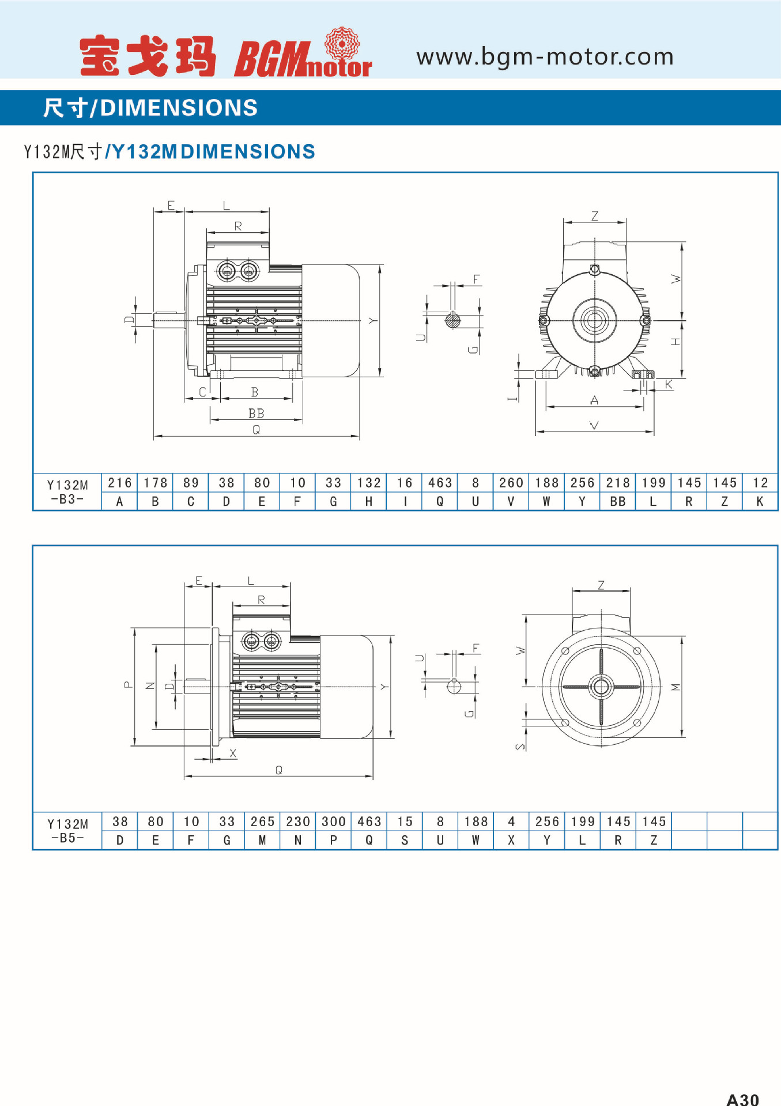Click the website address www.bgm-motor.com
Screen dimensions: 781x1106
tap(545, 57)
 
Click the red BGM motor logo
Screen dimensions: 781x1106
tap(303, 52)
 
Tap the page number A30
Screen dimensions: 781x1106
tap(742, 1099)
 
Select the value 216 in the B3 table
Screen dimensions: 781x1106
tap(120, 483)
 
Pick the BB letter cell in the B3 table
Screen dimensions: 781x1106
tap(618, 502)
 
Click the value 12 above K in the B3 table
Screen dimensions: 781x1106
tap(760, 483)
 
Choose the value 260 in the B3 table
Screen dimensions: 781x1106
tap(511, 483)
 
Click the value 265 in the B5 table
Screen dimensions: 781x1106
tap(263, 821)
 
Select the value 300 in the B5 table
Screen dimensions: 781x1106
tap(334, 821)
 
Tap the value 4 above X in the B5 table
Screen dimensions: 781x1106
tap(511, 821)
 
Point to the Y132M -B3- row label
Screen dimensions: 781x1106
tap(67, 492)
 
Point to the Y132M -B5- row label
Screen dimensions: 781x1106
tap(67, 831)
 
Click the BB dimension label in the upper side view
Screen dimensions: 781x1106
tap(256, 413)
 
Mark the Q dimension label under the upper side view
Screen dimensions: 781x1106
tap(256, 430)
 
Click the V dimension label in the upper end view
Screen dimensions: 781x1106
tap(594, 425)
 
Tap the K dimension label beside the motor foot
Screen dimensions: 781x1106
tap(669, 384)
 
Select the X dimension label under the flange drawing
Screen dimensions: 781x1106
tap(233, 753)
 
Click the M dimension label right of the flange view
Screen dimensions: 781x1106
tap(676, 687)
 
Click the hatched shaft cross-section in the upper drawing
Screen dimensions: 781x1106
tap(453, 320)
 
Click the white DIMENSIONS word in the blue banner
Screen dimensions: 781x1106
tap(179, 108)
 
